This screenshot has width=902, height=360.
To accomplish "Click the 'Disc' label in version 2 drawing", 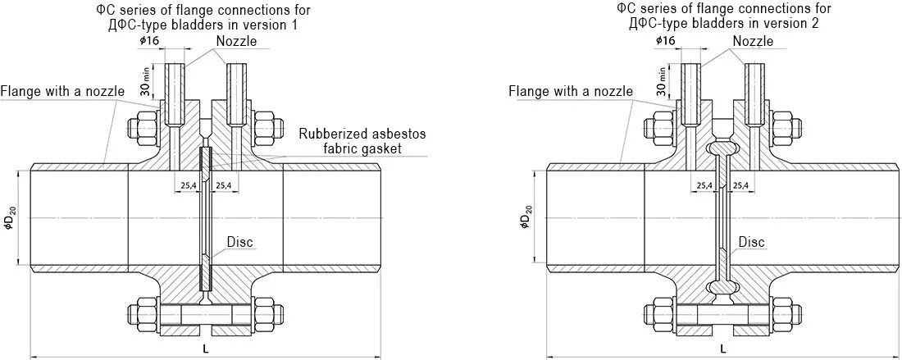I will click(x=751, y=242).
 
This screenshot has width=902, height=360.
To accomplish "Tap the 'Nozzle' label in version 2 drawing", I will click(x=753, y=41).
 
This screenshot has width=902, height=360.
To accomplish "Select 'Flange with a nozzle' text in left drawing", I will click(x=62, y=91).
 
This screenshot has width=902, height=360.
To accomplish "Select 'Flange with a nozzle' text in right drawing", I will click(x=572, y=91).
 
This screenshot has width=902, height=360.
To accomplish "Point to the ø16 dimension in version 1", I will click(x=149, y=40).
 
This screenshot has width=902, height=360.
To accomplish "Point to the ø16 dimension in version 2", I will click(x=665, y=40).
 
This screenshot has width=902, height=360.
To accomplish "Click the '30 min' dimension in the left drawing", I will click(x=143, y=83).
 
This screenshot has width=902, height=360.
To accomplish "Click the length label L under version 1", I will click(x=206, y=349).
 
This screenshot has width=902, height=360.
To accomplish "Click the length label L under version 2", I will click(x=722, y=349).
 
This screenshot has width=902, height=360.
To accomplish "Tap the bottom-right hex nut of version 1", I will click(x=269, y=314).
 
